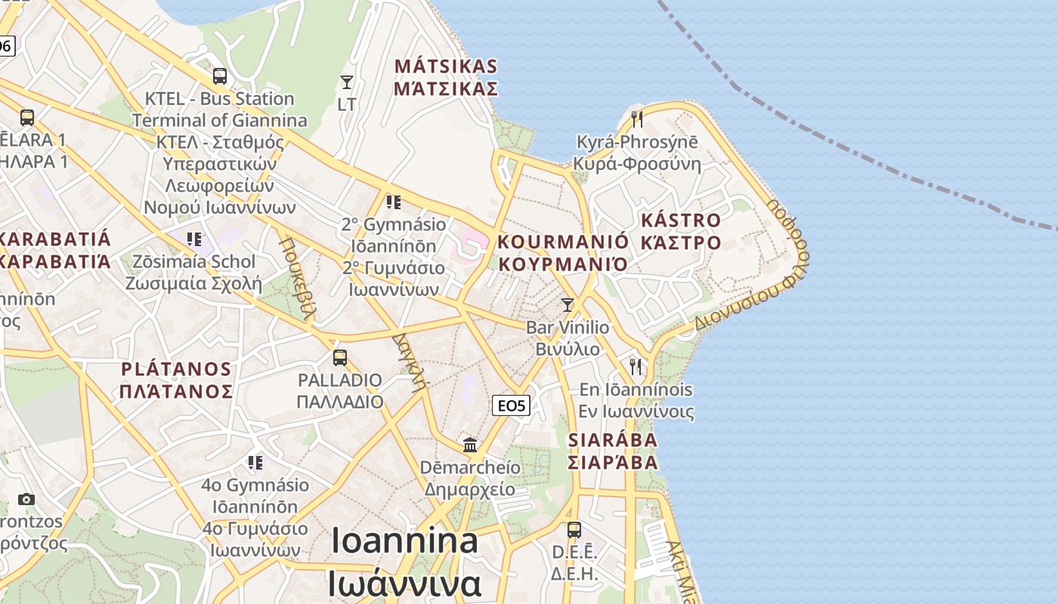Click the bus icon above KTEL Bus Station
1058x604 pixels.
[x=220, y=75]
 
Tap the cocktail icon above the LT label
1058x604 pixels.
[x=347, y=82]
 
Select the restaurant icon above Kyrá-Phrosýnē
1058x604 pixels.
[x=637, y=119]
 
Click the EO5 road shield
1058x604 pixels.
[x=511, y=405]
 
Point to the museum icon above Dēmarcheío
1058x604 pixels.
[x=471, y=444]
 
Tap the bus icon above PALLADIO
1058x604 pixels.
[x=340, y=357]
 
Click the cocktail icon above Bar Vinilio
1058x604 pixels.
[x=568, y=304]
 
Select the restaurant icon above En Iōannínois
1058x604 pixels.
[x=636, y=367]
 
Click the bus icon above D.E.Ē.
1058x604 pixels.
[x=574, y=529]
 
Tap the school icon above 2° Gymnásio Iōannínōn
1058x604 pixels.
[x=393, y=202]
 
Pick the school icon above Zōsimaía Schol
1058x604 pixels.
[x=194, y=239]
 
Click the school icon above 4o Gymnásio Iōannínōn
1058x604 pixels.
[x=255, y=461]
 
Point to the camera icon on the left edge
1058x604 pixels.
[x=26, y=499]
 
